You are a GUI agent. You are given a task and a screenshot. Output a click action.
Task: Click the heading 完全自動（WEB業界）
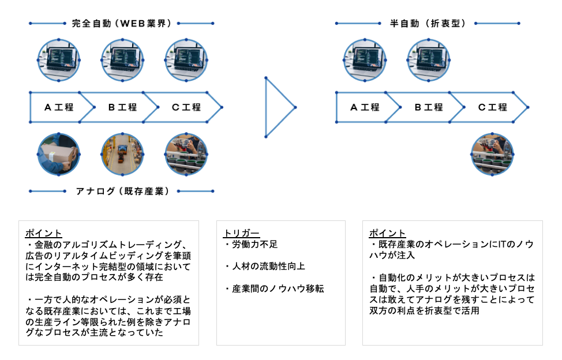[121, 24]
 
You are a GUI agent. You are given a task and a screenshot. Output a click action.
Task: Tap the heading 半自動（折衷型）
[428, 24]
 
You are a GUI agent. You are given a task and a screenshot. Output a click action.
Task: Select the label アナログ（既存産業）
[122, 191]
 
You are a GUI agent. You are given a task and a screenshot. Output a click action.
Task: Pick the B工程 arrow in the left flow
[122, 107]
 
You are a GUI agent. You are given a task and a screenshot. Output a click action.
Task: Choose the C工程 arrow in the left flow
[186, 107]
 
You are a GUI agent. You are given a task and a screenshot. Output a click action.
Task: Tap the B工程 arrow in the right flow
[429, 107]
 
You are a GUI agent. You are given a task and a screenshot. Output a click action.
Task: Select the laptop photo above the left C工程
[186, 60]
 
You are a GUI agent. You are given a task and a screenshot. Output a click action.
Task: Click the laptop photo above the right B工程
[428, 60]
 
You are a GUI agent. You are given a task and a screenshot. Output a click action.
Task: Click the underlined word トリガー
[241, 234]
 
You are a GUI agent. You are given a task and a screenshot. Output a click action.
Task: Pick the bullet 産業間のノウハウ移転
[274, 288]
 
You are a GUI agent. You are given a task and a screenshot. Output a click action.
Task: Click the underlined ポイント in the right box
[387, 234]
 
